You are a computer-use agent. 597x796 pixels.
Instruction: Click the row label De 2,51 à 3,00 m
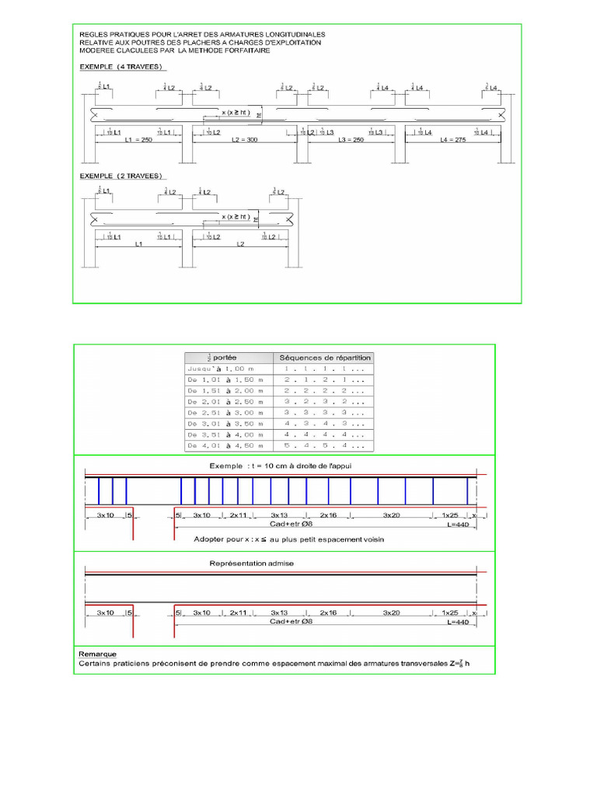tap(226, 413)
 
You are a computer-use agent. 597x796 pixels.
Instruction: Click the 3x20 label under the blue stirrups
tap(392, 515)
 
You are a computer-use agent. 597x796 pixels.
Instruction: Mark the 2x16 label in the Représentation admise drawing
tap(328, 613)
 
